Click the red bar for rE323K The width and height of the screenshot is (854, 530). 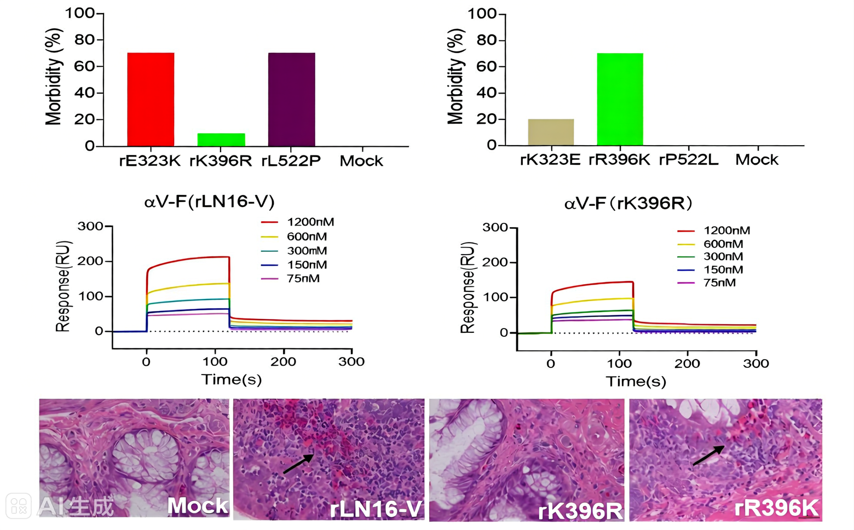click(x=151, y=99)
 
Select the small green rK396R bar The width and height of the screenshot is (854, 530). click(x=221, y=140)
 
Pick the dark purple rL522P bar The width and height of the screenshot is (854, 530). click(x=291, y=99)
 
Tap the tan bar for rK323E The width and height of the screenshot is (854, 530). click(x=551, y=132)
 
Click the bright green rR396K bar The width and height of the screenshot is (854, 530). click(x=620, y=99)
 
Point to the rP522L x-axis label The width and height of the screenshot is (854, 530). click(x=688, y=160)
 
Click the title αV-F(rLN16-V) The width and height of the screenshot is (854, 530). click(x=209, y=202)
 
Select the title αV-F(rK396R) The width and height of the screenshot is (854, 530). click(x=628, y=204)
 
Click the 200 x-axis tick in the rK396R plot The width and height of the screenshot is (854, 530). click(x=687, y=364)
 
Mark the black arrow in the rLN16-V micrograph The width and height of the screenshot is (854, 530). click(x=298, y=463)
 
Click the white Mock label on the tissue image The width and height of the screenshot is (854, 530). click(x=197, y=505)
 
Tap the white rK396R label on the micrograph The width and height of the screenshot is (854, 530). click(x=580, y=511)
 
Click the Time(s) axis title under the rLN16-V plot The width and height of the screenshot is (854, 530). click(x=231, y=379)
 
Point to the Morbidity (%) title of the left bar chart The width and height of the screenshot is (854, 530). click(x=54, y=77)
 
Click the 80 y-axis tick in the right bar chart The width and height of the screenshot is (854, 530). click(x=486, y=40)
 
